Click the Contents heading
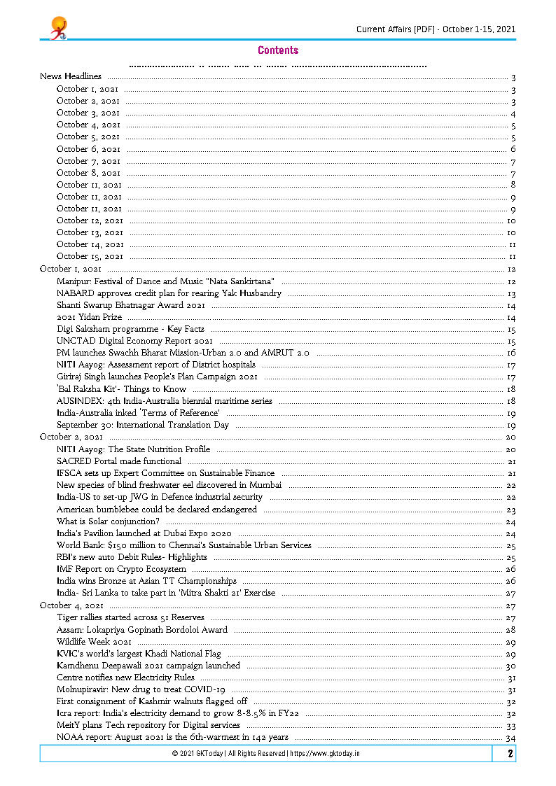point(278,50)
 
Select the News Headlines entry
point(70,76)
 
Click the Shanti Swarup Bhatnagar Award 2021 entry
point(130,305)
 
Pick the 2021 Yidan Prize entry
point(89,317)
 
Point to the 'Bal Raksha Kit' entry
point(121,388)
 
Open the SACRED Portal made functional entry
point(119,461)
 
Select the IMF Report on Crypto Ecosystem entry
point(121,569)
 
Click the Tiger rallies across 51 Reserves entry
point(130,617)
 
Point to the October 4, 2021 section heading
point(71,605)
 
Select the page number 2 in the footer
point(510,754)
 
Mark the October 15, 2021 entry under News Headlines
point(90,257)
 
